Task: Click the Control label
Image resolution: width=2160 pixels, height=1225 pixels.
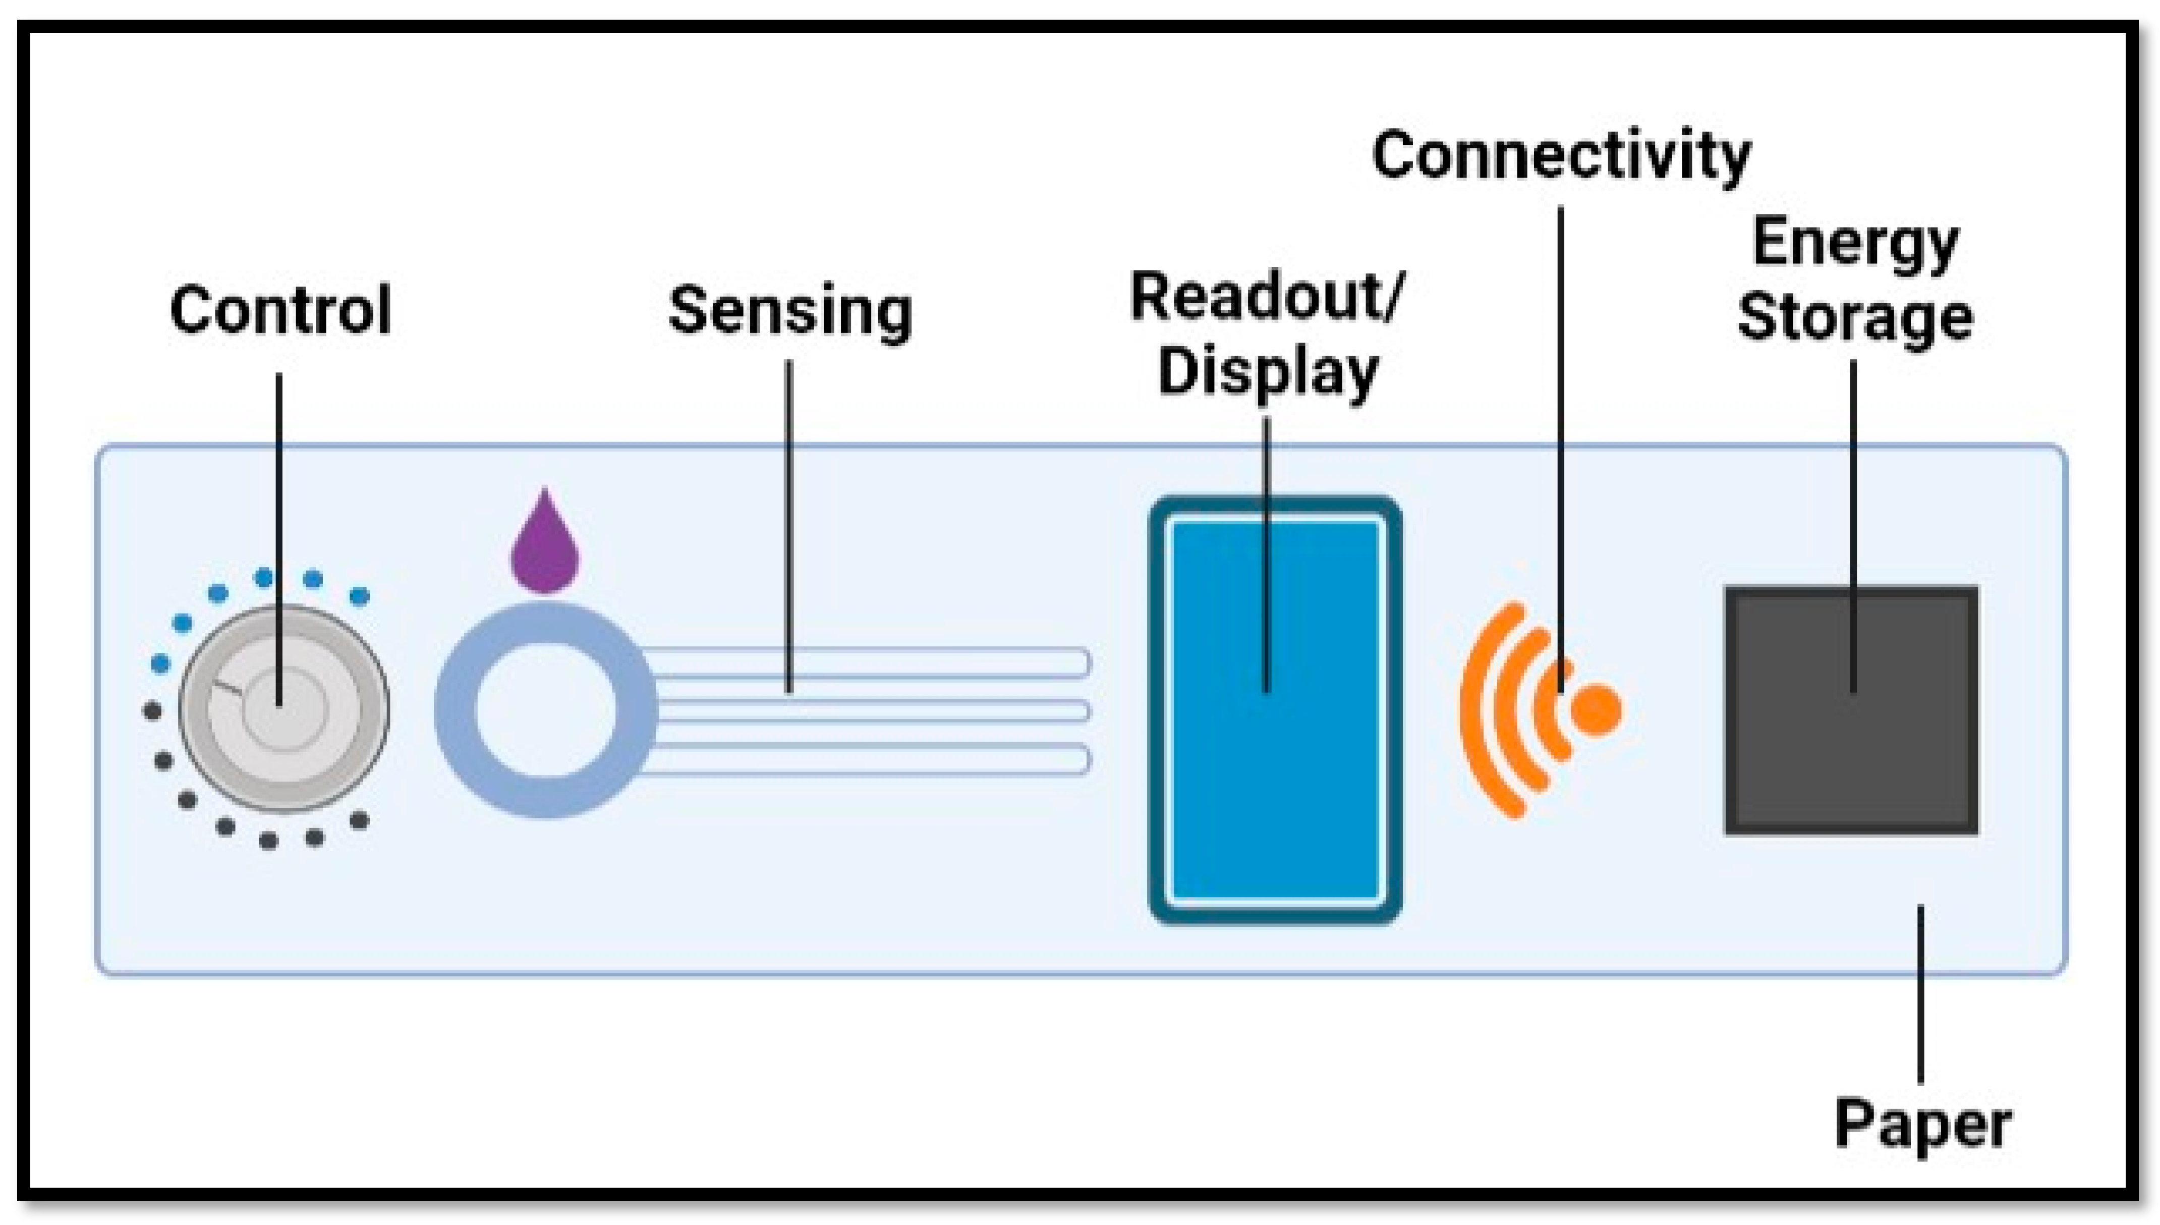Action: tap(280, 310)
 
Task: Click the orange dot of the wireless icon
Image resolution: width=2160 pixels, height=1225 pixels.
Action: tap(1596, 710)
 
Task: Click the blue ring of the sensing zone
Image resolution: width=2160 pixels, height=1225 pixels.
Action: tap(454, 711)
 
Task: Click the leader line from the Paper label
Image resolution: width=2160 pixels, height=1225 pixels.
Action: tap(1920, 993)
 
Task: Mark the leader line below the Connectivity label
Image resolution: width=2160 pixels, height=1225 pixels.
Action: tap(1561, 421)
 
